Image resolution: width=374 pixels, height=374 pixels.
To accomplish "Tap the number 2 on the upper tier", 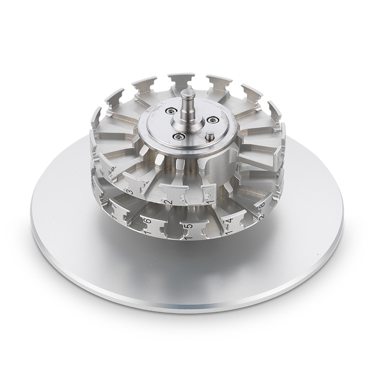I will pos(168,202).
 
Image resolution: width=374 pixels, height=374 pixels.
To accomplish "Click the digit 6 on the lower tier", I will pos(148,221).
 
